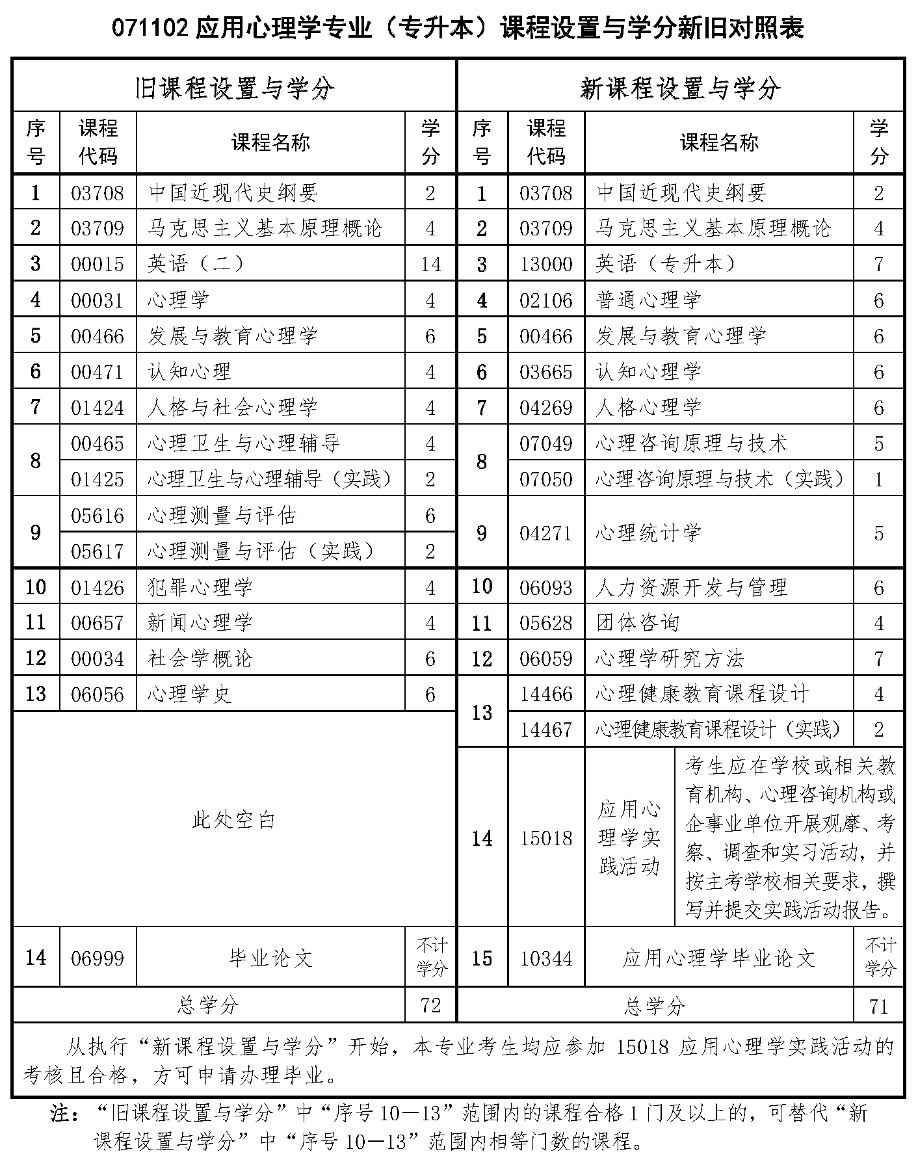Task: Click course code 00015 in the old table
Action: coord(98,264)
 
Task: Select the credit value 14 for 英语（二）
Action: coord(430,264)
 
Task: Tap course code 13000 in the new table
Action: coord(546,264)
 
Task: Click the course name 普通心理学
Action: coord(648,300)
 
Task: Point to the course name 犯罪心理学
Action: coord(200,587)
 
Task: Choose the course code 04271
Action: coord(546,533)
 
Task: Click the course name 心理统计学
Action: coord(648,533)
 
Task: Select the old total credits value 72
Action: coord(430,1005)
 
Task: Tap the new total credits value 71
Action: coord(878,1007)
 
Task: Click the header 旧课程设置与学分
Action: coord(234,88)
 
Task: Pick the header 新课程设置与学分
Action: coord(680,88)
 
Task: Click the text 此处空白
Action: coord(234,820)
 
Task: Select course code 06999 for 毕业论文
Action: coord(98,958)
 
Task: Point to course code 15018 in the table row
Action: coord(546,838)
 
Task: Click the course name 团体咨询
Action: coord(638,623)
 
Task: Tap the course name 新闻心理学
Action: coord(200,623)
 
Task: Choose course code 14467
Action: coord(546,730)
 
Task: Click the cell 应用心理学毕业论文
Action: coord(718,958)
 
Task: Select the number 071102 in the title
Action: coord(151,29)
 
